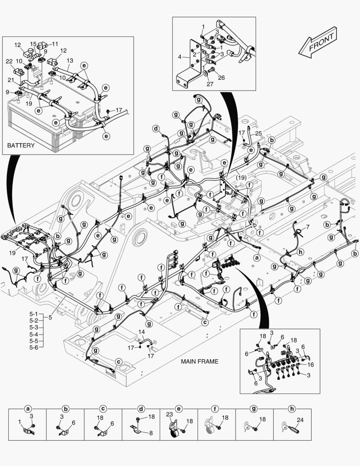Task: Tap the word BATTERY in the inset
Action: point(21,146)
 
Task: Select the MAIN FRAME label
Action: point(200,362)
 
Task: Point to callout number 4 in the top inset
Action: point(180,57)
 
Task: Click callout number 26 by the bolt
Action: point(221,78)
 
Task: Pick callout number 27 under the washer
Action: point(210,84)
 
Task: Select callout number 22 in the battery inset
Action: point(9,61)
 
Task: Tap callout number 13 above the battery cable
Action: point(69,60)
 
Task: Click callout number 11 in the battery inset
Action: point(55,44)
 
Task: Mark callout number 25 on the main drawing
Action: point(258,133)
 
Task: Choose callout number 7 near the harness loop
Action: point(308,227)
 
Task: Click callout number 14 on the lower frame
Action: point(142,332)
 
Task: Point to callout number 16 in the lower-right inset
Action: point(311,365)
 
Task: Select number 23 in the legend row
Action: point(169,414)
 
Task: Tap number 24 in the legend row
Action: point(300,420)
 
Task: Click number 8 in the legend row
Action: point(150,433)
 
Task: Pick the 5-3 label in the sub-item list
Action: point(34,327)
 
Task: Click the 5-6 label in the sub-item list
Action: point(34,347)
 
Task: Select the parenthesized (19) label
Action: point(241,177)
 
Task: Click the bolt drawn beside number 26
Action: point(211,70)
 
